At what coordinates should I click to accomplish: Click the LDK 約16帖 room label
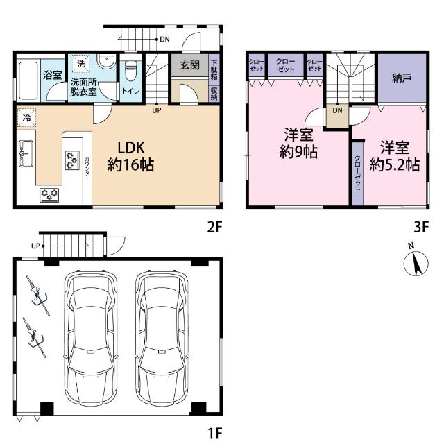coord(131,156)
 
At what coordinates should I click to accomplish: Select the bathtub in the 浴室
coord(28,80)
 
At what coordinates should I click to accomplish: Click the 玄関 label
coord(190,65)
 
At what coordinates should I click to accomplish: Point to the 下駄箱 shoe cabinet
coord(214,69)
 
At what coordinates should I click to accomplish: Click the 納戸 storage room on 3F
coord(402,78)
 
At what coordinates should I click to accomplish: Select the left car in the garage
coord(91,338)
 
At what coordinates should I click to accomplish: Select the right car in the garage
coord(162,338)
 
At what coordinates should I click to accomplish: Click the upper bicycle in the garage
coord(38,296)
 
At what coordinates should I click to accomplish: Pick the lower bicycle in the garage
coord(35,337)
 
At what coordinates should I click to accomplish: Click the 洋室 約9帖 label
coord(298,144)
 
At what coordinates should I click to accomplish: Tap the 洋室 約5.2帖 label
coord(395,156)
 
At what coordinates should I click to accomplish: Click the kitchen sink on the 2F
coord(26,153)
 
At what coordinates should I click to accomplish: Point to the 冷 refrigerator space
coord(26,117)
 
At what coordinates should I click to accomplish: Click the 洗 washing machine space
coord(80,64)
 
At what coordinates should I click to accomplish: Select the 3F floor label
coord(421,227)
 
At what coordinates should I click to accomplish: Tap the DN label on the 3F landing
coord(337,110)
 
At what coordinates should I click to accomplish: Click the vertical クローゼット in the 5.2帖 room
coord(357,173)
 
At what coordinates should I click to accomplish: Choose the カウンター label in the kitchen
coord(87,169)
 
